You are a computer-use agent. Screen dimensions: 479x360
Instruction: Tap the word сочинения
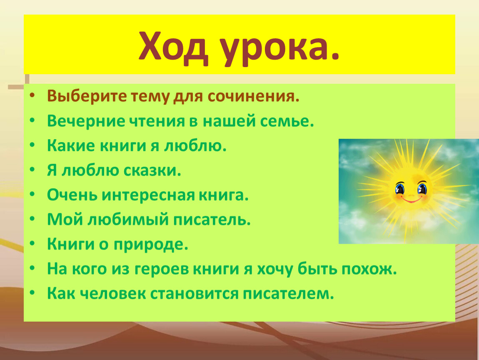tap(254, 97)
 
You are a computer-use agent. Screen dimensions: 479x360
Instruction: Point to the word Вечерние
tap(86, 121)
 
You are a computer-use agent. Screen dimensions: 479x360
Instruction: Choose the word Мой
tap(65, 220)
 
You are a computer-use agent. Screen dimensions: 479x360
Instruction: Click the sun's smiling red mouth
tap(411, 200)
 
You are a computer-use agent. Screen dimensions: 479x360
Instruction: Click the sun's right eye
tap(422, 188)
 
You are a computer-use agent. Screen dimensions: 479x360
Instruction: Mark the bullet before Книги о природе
tap(32, 244)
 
